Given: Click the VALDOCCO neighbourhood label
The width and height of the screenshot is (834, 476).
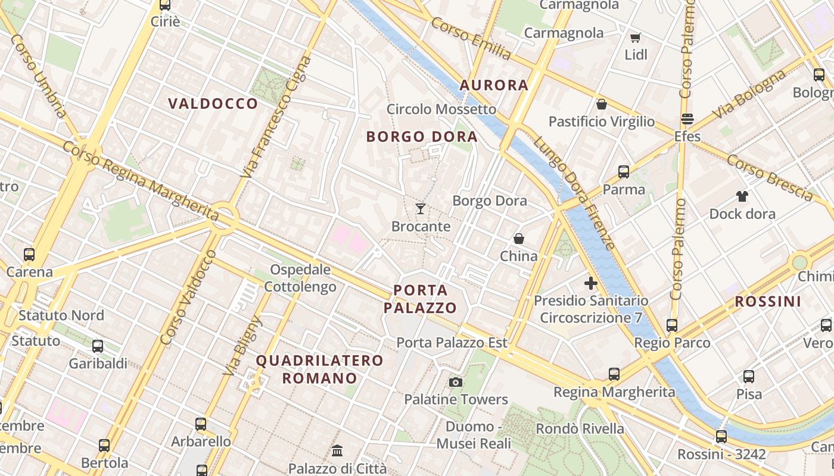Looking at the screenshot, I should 213,104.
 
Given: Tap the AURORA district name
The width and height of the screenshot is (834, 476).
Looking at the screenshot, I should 494,85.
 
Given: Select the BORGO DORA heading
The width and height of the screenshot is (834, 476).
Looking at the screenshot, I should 422,137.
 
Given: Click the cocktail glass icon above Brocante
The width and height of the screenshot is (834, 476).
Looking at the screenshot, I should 421,208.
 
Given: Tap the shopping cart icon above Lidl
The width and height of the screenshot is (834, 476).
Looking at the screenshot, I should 636,37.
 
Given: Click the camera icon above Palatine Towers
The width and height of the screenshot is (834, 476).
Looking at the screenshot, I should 456,382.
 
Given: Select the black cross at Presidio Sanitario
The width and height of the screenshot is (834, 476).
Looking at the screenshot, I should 590,283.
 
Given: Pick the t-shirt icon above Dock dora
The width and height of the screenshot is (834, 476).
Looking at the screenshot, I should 742,196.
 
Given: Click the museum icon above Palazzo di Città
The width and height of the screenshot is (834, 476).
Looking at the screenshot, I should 337,450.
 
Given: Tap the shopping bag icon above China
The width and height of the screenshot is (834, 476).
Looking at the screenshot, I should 519,239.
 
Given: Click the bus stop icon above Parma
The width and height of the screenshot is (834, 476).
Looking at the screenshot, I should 624,172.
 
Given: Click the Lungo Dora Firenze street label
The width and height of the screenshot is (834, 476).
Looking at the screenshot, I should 574,194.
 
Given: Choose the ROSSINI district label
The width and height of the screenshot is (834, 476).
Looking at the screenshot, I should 768,302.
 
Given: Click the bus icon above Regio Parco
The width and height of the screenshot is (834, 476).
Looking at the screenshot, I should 672,325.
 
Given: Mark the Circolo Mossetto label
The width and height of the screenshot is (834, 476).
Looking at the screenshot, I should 441,109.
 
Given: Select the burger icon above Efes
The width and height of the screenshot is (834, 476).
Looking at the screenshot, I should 687,119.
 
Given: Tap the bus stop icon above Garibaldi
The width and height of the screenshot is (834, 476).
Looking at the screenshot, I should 98,346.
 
